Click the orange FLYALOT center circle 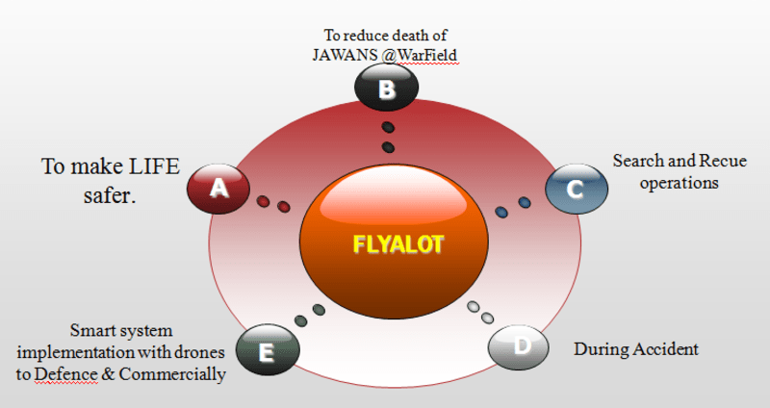(397, 243)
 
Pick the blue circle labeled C (576, 188)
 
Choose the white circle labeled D (522, 346)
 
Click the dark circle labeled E (268, 351)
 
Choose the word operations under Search (680, 181)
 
